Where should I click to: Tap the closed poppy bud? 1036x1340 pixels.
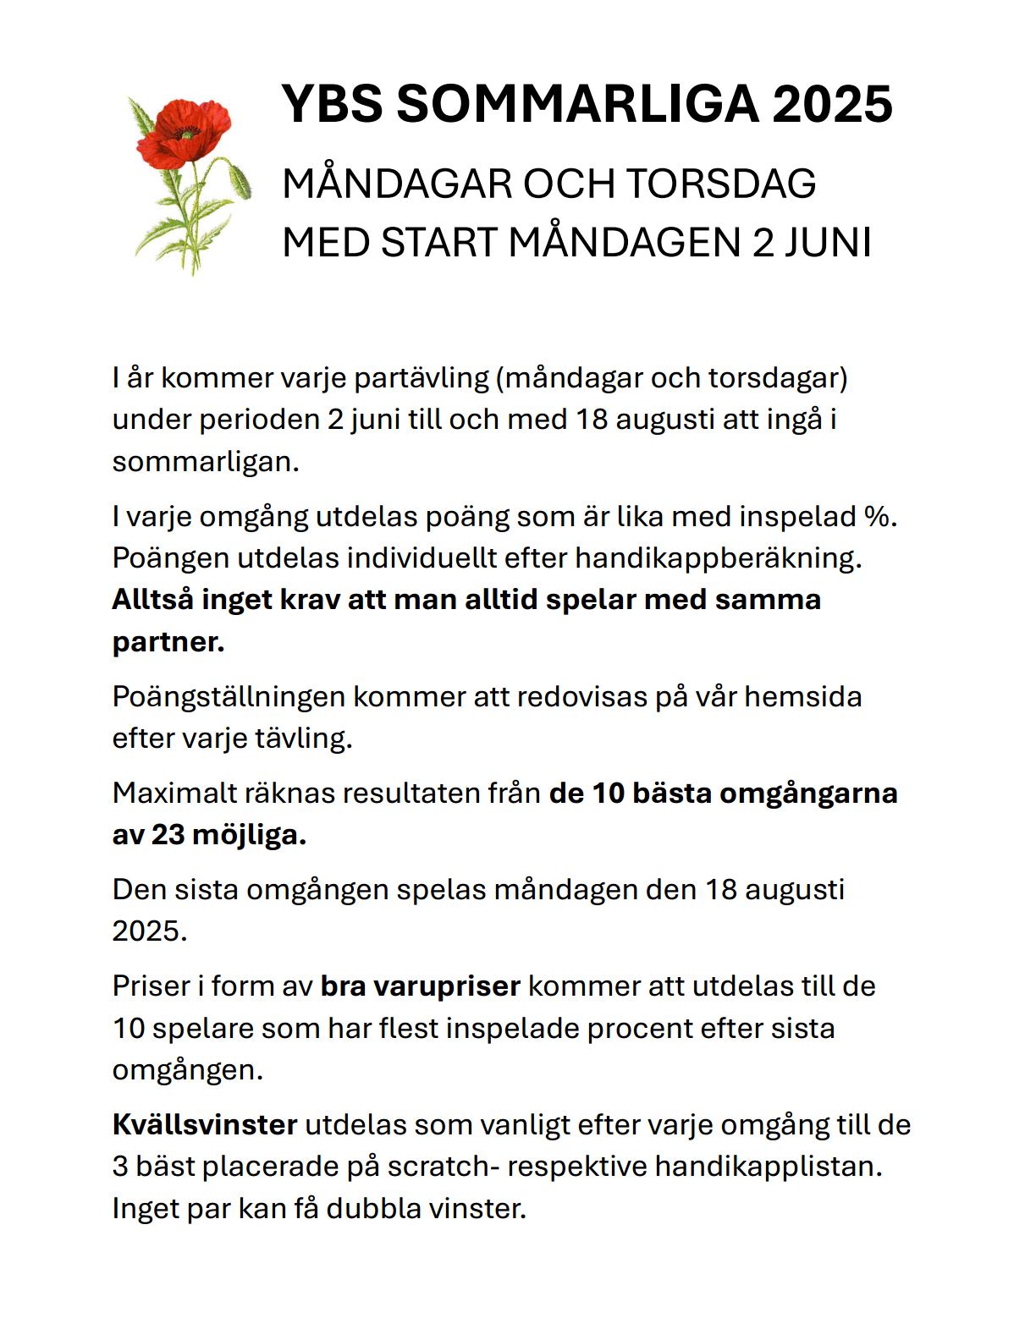[x=241, y=178]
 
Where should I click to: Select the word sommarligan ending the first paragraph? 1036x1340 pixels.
[x=205, y=461]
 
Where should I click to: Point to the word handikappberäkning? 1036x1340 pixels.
[x=718, y=557]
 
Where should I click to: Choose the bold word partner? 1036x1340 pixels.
[x=168, y=641]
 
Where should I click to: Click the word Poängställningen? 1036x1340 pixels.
[x=229, y=696]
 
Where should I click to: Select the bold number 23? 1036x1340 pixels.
[x=168, y=835]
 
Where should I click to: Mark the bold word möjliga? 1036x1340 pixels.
[x=249, y=835]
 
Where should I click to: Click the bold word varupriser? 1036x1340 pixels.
[x=421, y=986]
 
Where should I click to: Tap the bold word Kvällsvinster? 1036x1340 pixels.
[x=205, y=1124]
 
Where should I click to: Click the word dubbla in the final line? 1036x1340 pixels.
[x=374, y=1207]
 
